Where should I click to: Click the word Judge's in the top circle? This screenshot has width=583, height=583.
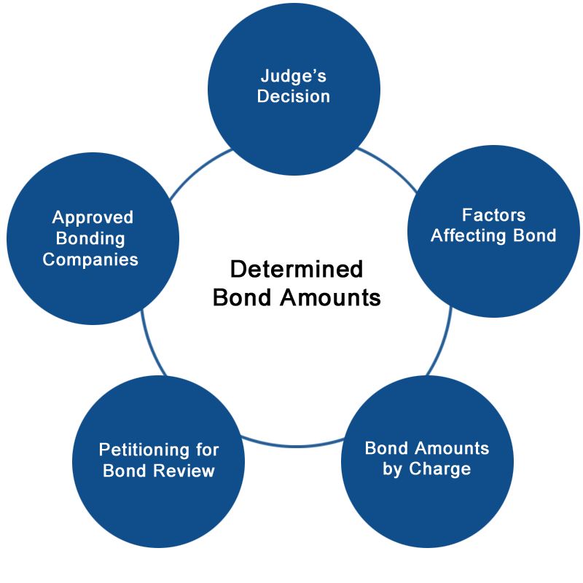click(294, 77)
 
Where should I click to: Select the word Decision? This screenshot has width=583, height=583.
click(294, 96)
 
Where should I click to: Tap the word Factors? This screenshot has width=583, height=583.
click(494, 215)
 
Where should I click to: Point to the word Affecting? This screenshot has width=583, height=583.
click(469, 236)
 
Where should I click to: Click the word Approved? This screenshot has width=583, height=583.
click(93, 218)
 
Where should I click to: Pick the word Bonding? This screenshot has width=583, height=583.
click(90, 239)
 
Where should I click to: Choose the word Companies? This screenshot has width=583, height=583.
click(90, 260)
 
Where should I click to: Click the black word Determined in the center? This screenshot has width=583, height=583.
click(297, 269)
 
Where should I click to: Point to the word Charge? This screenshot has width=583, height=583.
click(440, 469)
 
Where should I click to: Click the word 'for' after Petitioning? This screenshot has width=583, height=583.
click(208, 450)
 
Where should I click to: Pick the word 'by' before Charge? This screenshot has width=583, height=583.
click(392, 469)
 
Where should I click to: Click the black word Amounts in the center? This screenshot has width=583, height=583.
click(331, 298)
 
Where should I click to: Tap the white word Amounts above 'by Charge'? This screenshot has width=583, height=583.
click(452, 448)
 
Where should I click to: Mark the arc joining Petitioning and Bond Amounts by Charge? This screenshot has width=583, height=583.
click(294, 445)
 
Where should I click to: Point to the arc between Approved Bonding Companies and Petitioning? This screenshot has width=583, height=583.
click(151, 344)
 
